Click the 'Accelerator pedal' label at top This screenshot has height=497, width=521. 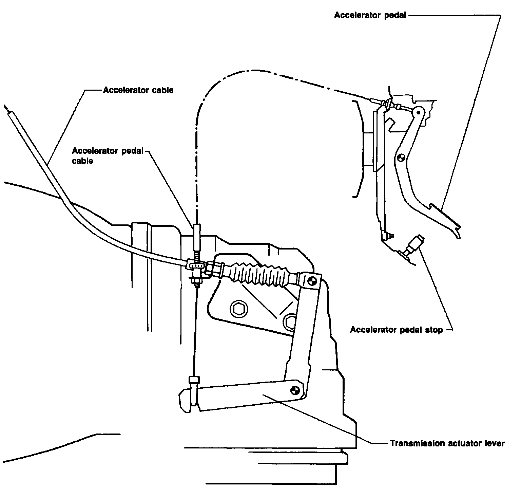point(370,15)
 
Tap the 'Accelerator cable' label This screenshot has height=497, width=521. point(138,90)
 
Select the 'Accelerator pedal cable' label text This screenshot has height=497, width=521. point(108,155)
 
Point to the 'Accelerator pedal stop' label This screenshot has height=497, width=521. point(396,330)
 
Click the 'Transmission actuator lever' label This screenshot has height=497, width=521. point(447,443)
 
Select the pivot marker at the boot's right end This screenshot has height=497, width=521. point(312,280)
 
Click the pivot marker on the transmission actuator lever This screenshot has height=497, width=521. point(295,390)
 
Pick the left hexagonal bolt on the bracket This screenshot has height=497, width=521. point(236,308)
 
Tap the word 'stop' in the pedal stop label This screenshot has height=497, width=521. point(435,330)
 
